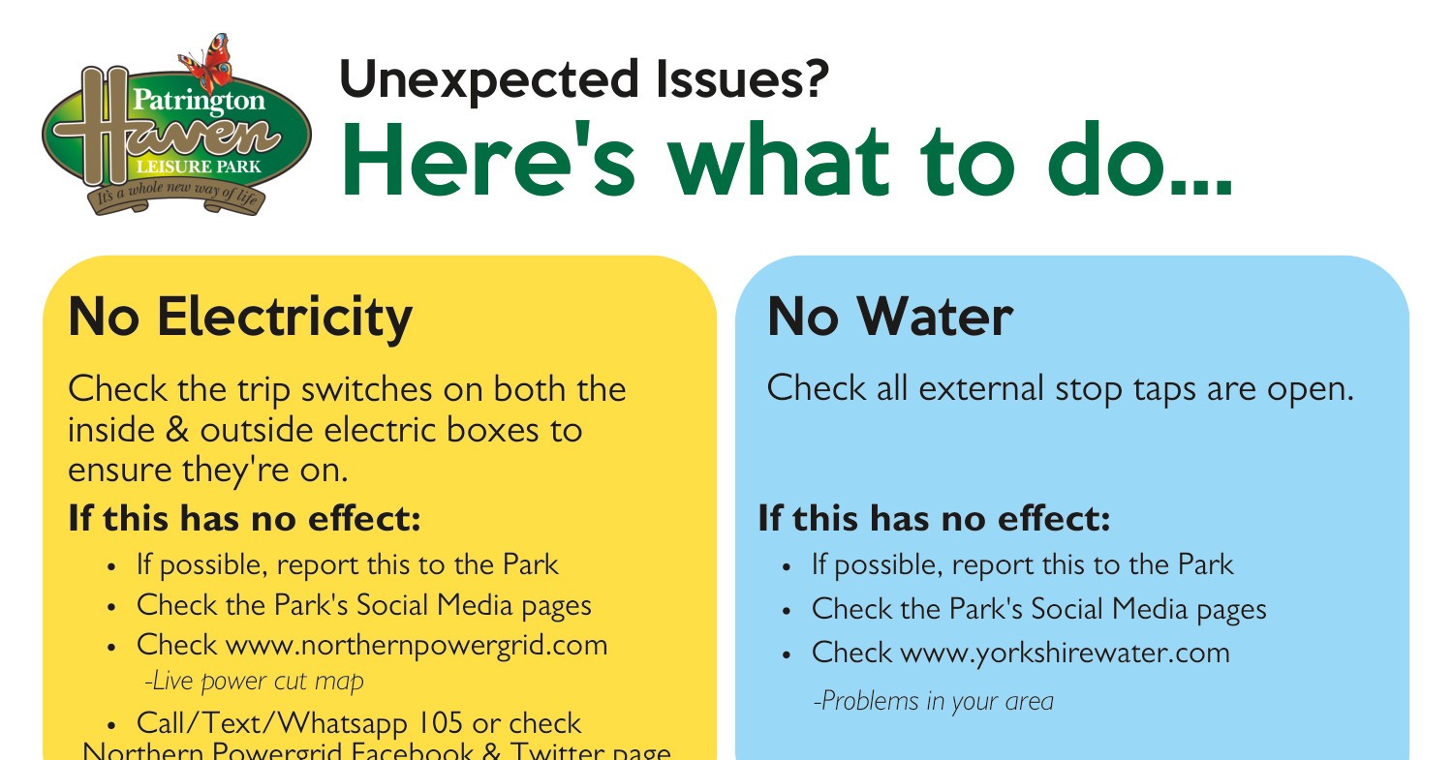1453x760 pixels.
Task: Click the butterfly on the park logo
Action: (x=207, y=64)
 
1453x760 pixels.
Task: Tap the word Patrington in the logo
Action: (x=198, y=100)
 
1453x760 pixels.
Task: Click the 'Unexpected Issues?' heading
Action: (x=583, y=79)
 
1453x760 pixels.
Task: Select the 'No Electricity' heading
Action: (x=240, y=317)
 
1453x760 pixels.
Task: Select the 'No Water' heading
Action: (x=889, y=317)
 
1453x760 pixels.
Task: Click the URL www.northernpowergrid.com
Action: (x=417, y=645)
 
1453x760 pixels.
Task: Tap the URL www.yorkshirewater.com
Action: (x=1066, y=653)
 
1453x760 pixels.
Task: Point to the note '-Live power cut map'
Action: (x=254, y=682)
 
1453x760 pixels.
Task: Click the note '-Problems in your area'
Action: (x=933, y=701)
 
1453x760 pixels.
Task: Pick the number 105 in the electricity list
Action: (x=441, y=723)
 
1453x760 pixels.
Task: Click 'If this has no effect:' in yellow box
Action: (x=244, y=519)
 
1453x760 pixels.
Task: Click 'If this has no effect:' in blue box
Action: (x=934, y=519)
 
